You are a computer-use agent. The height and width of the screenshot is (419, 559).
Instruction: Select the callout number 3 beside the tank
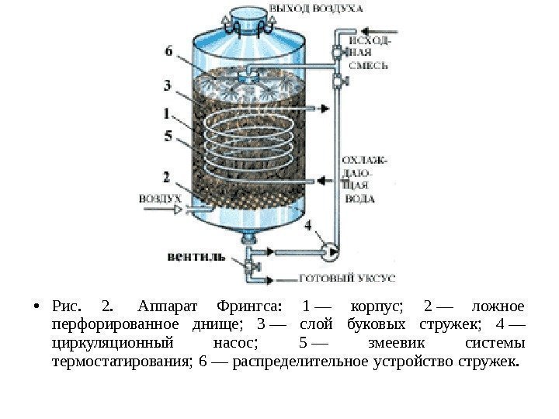(168, 84)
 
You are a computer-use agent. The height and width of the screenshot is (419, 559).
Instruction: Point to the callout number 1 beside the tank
(168, 113)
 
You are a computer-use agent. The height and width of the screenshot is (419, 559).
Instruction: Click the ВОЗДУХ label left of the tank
(159, 199)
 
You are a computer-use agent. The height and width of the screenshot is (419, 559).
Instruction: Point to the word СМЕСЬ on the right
(364, 67)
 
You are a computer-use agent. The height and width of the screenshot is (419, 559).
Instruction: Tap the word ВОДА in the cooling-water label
(359, 198)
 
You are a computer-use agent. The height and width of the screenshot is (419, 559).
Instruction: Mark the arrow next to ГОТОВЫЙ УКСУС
(279, 277)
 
